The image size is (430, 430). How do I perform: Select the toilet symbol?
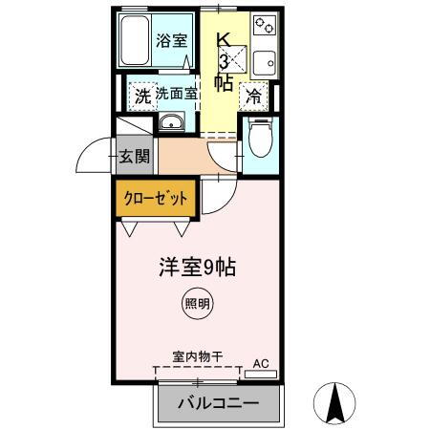257,140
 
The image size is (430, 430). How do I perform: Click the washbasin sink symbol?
172,123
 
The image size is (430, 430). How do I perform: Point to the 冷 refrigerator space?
254,96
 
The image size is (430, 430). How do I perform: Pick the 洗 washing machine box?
140,96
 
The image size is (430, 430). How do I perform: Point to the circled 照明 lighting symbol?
196,304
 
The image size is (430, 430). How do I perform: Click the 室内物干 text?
197,355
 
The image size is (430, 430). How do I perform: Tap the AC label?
261,363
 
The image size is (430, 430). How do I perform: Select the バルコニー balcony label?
219,403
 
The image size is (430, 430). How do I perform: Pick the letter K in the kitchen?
223,40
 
